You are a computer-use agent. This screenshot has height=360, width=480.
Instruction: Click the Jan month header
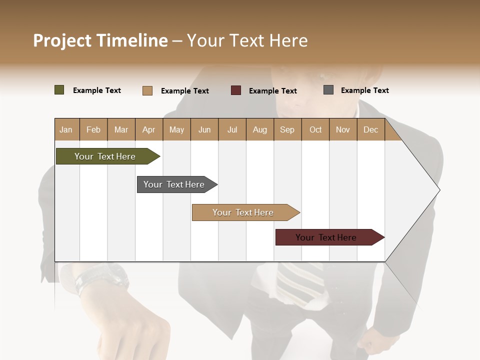point(66,129)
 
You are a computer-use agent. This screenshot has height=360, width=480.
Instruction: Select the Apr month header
point(148,129)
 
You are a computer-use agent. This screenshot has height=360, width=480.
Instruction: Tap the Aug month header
point(259,129)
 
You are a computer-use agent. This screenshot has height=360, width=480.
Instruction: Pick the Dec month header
point(370,129)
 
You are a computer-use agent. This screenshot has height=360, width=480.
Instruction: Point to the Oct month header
point(315,129)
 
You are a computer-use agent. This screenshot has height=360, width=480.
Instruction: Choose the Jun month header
point(204,129)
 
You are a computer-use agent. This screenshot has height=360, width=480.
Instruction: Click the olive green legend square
point(59,90)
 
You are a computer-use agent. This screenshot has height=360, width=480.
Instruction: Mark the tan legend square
point(147,90)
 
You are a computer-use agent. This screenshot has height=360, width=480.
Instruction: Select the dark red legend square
point(235,90)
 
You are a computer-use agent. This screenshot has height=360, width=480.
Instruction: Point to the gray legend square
point(328,90)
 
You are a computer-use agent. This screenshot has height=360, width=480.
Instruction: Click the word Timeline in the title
point(132,40)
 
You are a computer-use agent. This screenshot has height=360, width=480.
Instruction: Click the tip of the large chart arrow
point(438,190)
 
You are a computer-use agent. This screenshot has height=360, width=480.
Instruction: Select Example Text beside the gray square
point(364,90)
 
